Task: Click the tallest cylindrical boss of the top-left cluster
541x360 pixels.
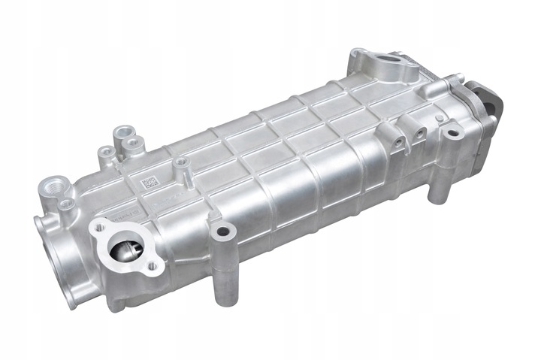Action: coord(119,133)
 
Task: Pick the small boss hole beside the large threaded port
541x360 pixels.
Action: coord(67,203)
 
